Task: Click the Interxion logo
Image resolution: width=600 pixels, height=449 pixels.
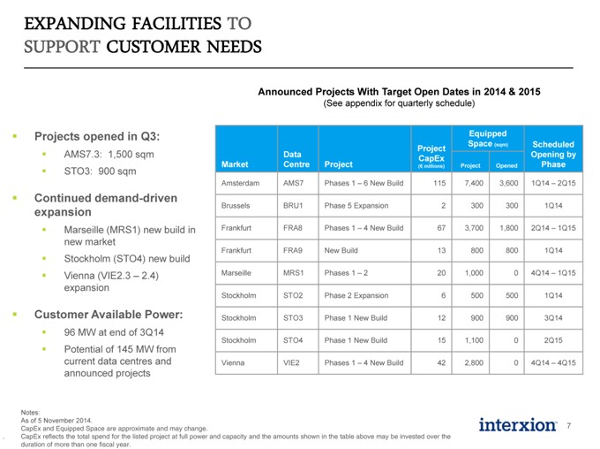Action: pos(517,425)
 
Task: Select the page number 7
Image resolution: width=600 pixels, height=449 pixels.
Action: pos(569,426)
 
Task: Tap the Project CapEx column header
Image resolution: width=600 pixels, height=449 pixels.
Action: pos(431,156)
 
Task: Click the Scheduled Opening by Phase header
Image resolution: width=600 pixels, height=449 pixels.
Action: pos(553,154)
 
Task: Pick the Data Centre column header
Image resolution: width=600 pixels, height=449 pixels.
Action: pos(296,159)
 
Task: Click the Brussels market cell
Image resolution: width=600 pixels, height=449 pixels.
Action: pos(236,206)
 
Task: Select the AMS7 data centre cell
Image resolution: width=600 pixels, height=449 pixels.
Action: pos(293,183)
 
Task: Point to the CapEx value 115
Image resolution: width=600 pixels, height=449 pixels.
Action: pos(439,183)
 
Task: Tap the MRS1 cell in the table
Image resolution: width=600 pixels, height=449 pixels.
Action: pos(293,272)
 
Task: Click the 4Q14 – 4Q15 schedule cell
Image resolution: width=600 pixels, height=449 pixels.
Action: pos(553,362)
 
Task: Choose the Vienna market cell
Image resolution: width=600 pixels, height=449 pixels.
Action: pos(233,362)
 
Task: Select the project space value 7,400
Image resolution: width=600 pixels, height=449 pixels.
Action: pos(474,183)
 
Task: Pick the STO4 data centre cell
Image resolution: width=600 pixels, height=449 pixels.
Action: pos(293,340)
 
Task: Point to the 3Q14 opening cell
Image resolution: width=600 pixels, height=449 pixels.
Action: pos(553,317)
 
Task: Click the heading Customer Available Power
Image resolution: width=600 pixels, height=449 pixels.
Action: pos(109,315)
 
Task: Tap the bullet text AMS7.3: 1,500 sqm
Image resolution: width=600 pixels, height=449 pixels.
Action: pos(109,154)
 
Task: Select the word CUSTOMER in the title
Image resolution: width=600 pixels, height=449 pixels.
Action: pos(154,47)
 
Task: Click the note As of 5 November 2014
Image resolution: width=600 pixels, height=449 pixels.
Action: pos(56,420)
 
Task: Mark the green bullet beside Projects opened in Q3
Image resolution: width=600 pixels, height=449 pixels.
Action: pos(15,136)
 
